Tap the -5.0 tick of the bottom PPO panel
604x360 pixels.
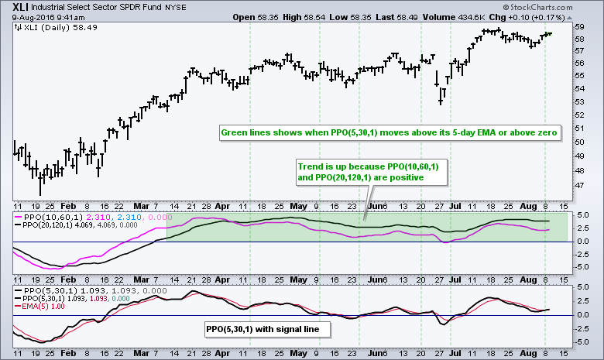coord(585,341)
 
